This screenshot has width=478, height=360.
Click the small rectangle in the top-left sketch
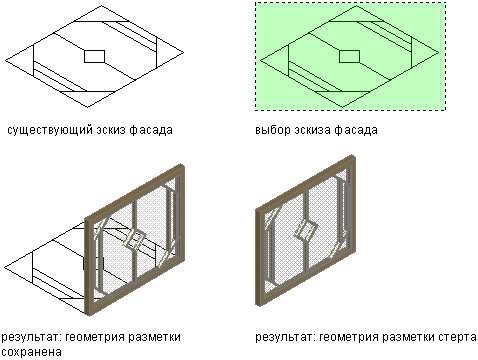(x=94, y=56)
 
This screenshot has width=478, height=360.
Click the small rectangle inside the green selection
(x=349, y=56)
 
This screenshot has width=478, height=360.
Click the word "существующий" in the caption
(x=50, y=130)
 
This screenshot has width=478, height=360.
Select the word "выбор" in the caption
(x=273, y=130)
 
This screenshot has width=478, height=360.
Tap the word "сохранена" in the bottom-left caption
(x=32, y=352)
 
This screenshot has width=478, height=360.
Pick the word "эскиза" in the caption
(x=312, y=130)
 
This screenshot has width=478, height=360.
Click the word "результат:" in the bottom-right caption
(x=285, y=338)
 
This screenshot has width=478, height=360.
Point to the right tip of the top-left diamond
(x=184, y=52)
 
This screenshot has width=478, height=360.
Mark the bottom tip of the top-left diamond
(x=88, y=107)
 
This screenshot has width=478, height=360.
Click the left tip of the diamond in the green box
(x=260, y=61)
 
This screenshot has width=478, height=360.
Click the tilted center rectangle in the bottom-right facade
(x=306, y=230)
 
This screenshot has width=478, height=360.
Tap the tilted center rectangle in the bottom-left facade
(x=135, y=240)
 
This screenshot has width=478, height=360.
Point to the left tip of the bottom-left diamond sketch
(x=5, y=268)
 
